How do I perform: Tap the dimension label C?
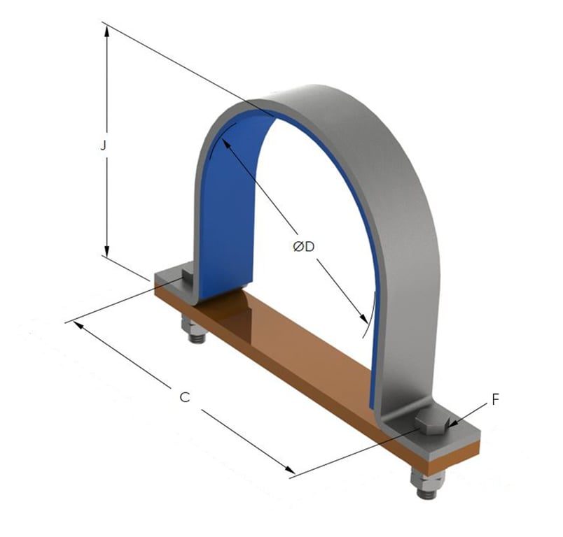[185, 397]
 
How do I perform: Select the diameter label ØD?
[303, 246]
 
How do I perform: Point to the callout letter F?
[495, 400]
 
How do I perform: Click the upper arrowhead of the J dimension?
[106, 32]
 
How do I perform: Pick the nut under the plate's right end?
[426, 483]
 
